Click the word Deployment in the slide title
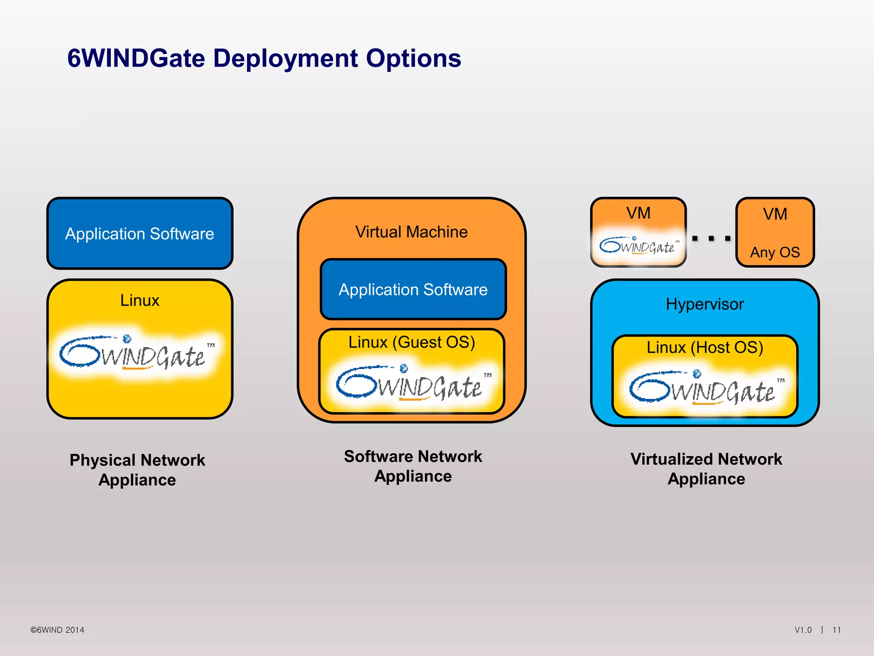pyautogui.click(x=285, y=59)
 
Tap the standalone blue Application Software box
pyautogui.click(x=140, y=234)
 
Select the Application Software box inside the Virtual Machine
pyautogui.click(x=413, y=290)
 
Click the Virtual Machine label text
pyautogui.click(x=411, y=232)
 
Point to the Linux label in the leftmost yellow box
pyautogui.click(x=140, y=300)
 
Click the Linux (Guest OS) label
pyautogui.click(x=411, y=342)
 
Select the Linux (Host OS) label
pyautogui.click(x=705, y=347)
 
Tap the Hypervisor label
pyautogui.click(x=705, y=304)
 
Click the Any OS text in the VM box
pyautogui.click(x=775, y=252)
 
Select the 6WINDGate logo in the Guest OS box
pyautogui.click(x=412, y=384)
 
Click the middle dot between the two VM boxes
pyautogui.click(x=711, y=238)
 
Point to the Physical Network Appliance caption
pyautogui.click(x=137, y=470)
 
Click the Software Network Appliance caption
pyautogui.click(x=413, y=466)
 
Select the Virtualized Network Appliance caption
pyautogui.click(x=706, y=469)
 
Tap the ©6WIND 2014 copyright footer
pyautogui.click(x=57, y=630)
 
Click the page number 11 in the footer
pyautogui.click(x=836, y=630)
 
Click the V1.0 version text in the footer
pyautogui.click(x=803, y=630)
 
